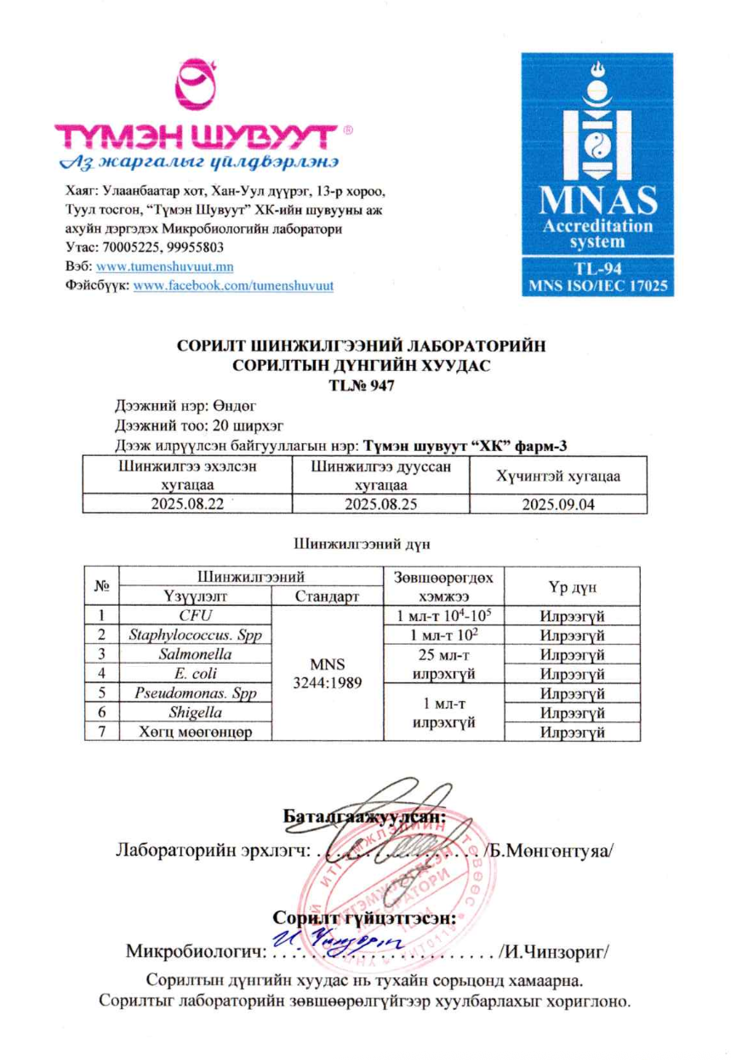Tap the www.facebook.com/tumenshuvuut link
point(233,285)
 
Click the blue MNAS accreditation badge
point(598,174)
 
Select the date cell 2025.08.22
point(186,504)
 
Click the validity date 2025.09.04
point(557,504)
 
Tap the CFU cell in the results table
point(194,615)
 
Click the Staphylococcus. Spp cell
point(194,635)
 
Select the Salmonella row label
point(194,654)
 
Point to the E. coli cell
point(194,674)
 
